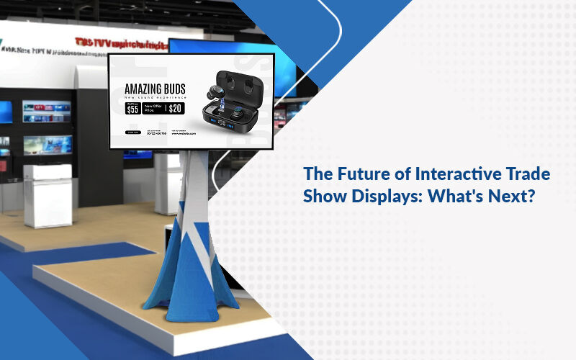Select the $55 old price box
click(x=132, y=109)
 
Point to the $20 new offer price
click(x=175, y=109)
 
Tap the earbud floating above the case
click(x=215, y=91)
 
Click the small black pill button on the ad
click(x=132, y=132)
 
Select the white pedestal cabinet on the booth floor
click(x=48, y=194)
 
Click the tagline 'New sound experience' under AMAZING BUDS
click(x=156, y=97)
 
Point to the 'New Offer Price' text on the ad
click(x=153, y=109)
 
